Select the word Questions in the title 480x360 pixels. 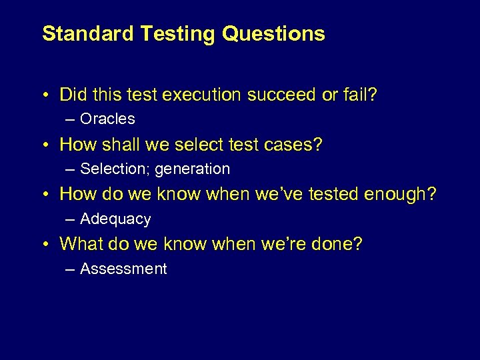pos(273,33)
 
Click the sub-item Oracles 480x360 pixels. pos(107,119)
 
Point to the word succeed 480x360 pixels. pos(283,95)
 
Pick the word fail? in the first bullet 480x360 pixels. pos(360,95)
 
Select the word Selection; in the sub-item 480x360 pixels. pos(115,169)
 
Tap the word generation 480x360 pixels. pos(192,169)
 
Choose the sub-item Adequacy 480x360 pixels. pos(115,219)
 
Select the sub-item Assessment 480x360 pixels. pos(123,269)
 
